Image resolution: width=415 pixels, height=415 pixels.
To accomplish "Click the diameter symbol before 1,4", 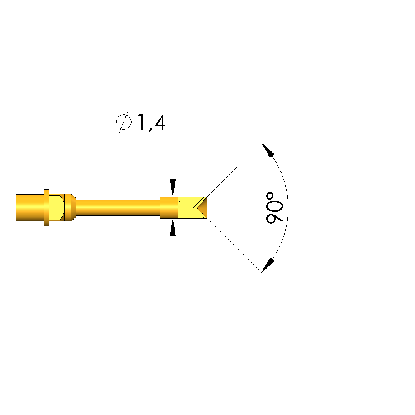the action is pos(124,122).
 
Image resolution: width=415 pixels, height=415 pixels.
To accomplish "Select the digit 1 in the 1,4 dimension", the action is pos(141,123).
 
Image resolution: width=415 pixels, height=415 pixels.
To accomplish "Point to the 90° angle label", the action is pos(274,208).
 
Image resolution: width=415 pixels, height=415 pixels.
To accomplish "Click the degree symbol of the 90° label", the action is pos(270,196).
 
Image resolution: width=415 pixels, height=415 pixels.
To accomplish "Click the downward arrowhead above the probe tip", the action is pos(173,188).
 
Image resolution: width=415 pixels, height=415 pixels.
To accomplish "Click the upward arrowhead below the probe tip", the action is pos(173,227).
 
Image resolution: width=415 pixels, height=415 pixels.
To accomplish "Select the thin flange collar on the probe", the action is pos(47,208).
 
